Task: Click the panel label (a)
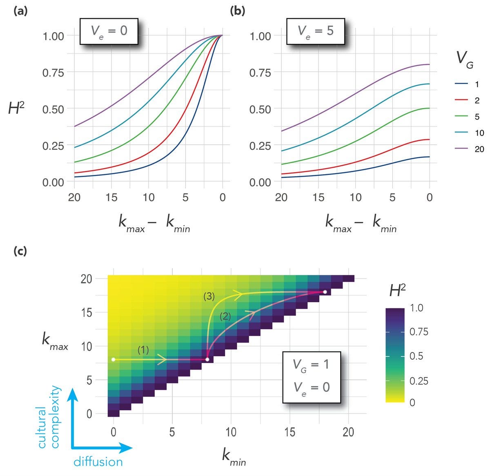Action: click(20, 11)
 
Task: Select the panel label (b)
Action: click(238, 11)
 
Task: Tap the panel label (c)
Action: click(20, 251)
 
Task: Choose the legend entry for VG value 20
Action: click(470, 149)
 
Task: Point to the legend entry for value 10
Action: click(470, 133)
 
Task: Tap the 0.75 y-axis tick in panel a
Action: click(53, 73)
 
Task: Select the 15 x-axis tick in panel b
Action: click(318, 198)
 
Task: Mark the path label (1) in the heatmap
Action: click(143, 349)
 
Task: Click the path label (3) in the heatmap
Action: click(209, 297)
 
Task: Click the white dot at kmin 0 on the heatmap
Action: click(114, 359)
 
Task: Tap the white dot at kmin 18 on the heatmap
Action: click(325, 292)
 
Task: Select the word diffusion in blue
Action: click(98, 462)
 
